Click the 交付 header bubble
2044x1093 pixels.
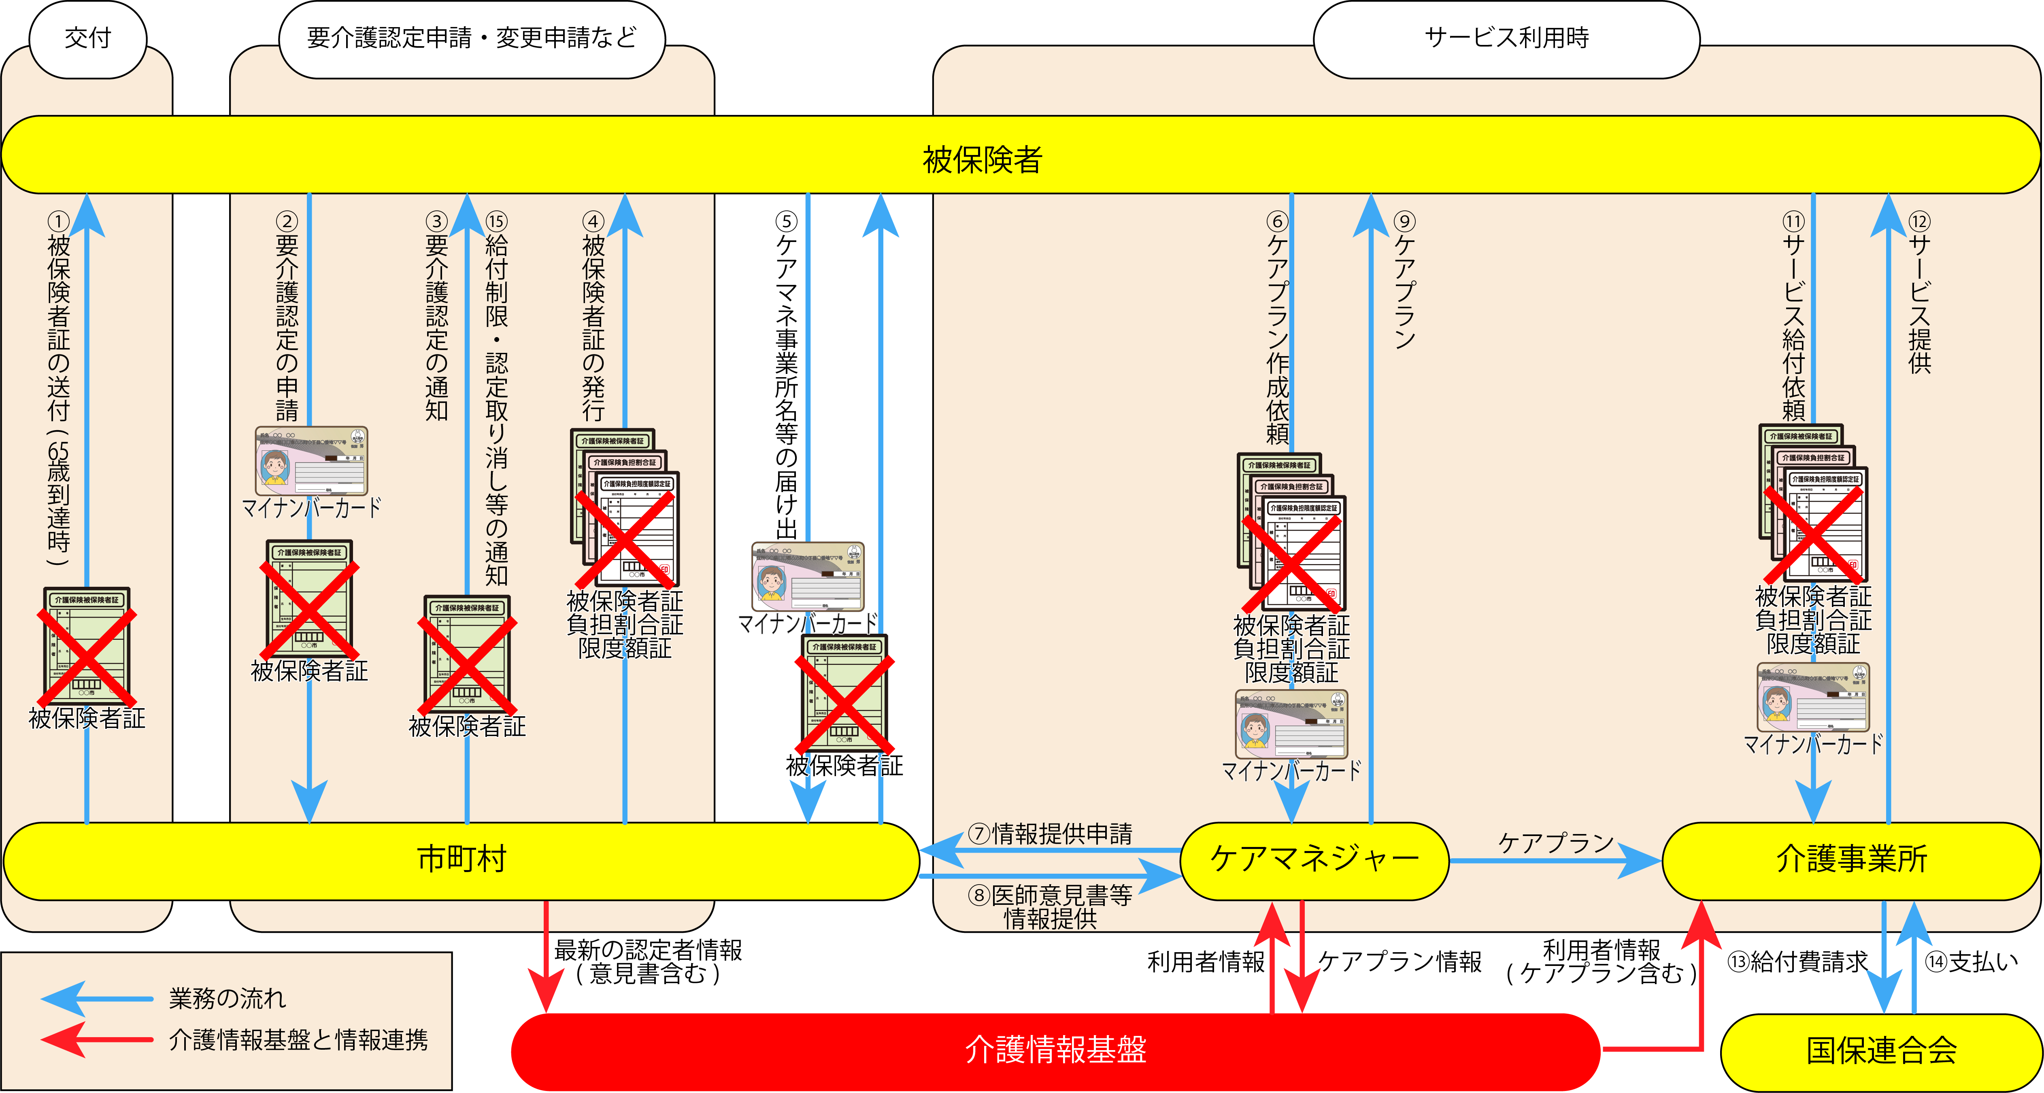coord(87,38)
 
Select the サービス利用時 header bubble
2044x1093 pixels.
coord(1506,38)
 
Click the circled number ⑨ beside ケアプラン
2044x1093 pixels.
coord(1404,221)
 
